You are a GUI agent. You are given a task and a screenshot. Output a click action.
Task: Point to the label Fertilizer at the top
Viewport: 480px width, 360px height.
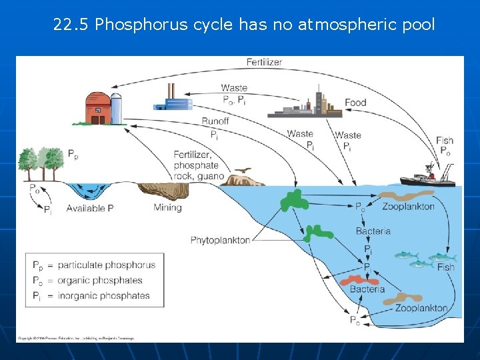(x=264, y=62)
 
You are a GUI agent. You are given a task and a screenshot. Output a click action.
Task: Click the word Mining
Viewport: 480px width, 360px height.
(x=167, y=207)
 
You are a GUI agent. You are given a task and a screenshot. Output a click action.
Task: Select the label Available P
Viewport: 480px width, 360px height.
(x=91, y=208)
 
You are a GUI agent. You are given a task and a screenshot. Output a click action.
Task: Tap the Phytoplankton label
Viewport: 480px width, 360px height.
(x=220, y=240)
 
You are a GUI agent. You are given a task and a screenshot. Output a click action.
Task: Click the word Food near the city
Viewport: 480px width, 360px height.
(x=355, y=103)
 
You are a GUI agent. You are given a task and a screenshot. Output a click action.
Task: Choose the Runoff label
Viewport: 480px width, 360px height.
(x=215, y=121)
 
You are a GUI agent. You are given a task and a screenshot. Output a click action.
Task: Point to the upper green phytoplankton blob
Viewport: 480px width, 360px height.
(x=293, y=200)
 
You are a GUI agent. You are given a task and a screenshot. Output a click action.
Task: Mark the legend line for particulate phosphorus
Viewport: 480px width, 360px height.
(x=94, y=265)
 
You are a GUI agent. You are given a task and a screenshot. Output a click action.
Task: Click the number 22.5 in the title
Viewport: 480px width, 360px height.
(x=71, y=25)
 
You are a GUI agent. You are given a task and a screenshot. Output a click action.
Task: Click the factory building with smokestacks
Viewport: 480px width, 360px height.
(x=173, y=100)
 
